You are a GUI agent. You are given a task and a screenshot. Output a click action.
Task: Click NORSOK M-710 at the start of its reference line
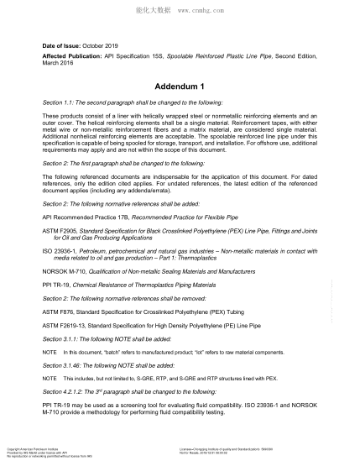65,274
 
